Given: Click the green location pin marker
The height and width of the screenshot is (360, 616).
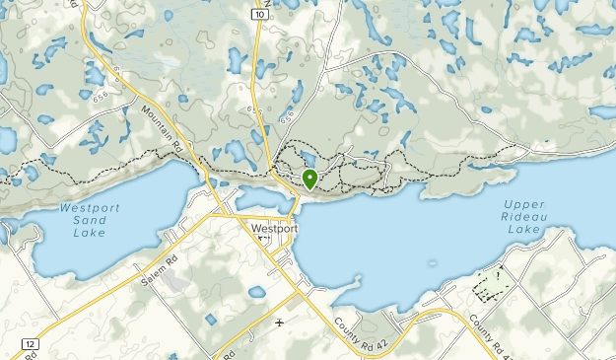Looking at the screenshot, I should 309,179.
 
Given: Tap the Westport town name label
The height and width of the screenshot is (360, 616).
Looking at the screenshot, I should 275,229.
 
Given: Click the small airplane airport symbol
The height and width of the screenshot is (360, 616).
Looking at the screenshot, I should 280,322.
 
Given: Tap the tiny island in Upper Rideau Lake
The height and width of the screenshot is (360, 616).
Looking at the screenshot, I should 432,263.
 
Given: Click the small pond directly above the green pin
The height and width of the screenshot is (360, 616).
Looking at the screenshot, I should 309,158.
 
